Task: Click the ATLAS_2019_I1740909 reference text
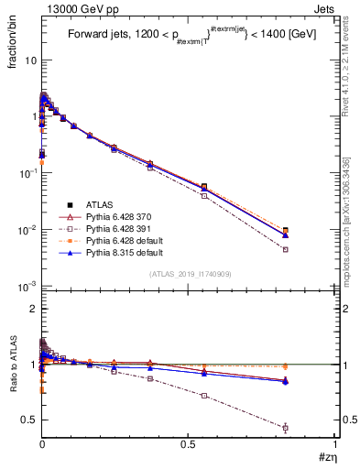point(188,275)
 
